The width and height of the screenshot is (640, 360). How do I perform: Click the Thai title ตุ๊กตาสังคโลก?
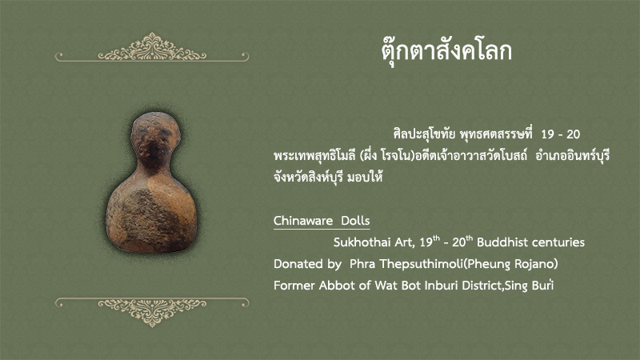tap(446, 51)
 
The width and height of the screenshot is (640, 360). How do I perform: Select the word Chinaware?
tap(303, 221)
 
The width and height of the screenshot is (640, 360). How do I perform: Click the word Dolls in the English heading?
tap(355, 221)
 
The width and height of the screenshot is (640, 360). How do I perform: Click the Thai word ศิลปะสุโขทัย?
tap(424, 134)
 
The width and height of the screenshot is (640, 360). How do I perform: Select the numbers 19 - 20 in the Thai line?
tap(561, 134)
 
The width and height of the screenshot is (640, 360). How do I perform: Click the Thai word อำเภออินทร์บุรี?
tap(572, 155)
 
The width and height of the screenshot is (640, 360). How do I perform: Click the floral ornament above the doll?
tap(152, 47)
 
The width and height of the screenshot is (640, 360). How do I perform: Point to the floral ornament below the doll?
tap(152, 312)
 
